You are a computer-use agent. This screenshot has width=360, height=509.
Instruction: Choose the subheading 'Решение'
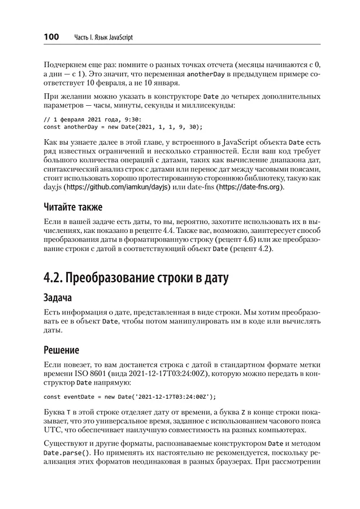tap(62, 350)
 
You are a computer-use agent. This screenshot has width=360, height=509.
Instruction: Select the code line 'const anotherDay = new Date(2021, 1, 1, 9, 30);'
tap(123, 127)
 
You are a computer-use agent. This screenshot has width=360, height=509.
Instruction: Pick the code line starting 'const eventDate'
tap(129, 396)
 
